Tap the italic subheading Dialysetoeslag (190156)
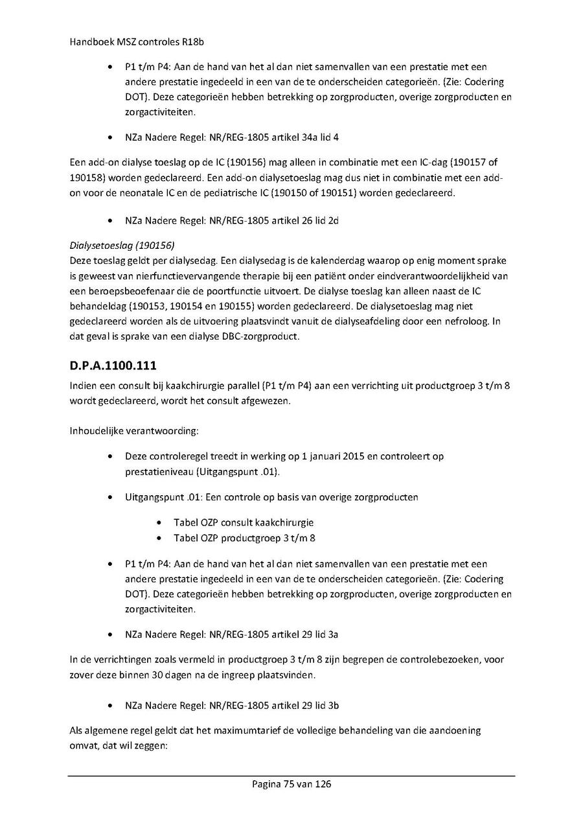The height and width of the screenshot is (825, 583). (122, 246)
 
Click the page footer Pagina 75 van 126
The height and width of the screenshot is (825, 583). (291, 784)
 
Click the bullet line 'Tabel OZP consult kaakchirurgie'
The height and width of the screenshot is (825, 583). (248, 522)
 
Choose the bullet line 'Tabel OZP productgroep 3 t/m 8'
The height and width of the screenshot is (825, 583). (245, 538)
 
